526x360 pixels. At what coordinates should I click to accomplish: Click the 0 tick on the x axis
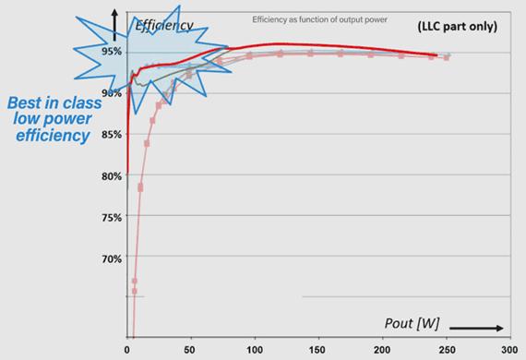[x=127, y=351]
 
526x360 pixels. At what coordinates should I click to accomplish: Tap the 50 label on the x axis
[x=189, y=351]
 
